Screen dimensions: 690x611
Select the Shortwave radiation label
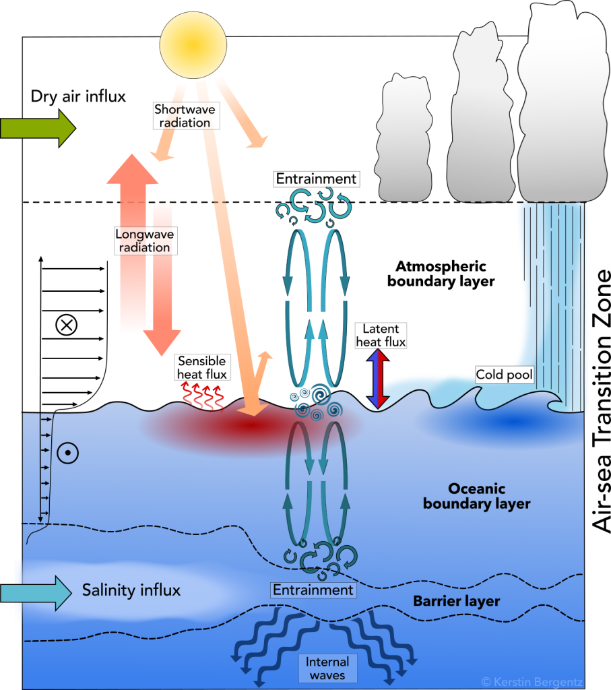pos(182,115)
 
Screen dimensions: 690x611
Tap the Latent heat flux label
pos(381,335)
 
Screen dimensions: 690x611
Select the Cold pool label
pos(505,375)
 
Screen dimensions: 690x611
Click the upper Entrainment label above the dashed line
pos(317,179)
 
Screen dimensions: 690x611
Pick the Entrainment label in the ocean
pos(313,590)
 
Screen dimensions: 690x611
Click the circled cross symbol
pos(66,325)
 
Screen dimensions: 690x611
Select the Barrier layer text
pos(457,601)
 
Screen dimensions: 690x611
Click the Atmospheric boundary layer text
pos(441,274)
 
